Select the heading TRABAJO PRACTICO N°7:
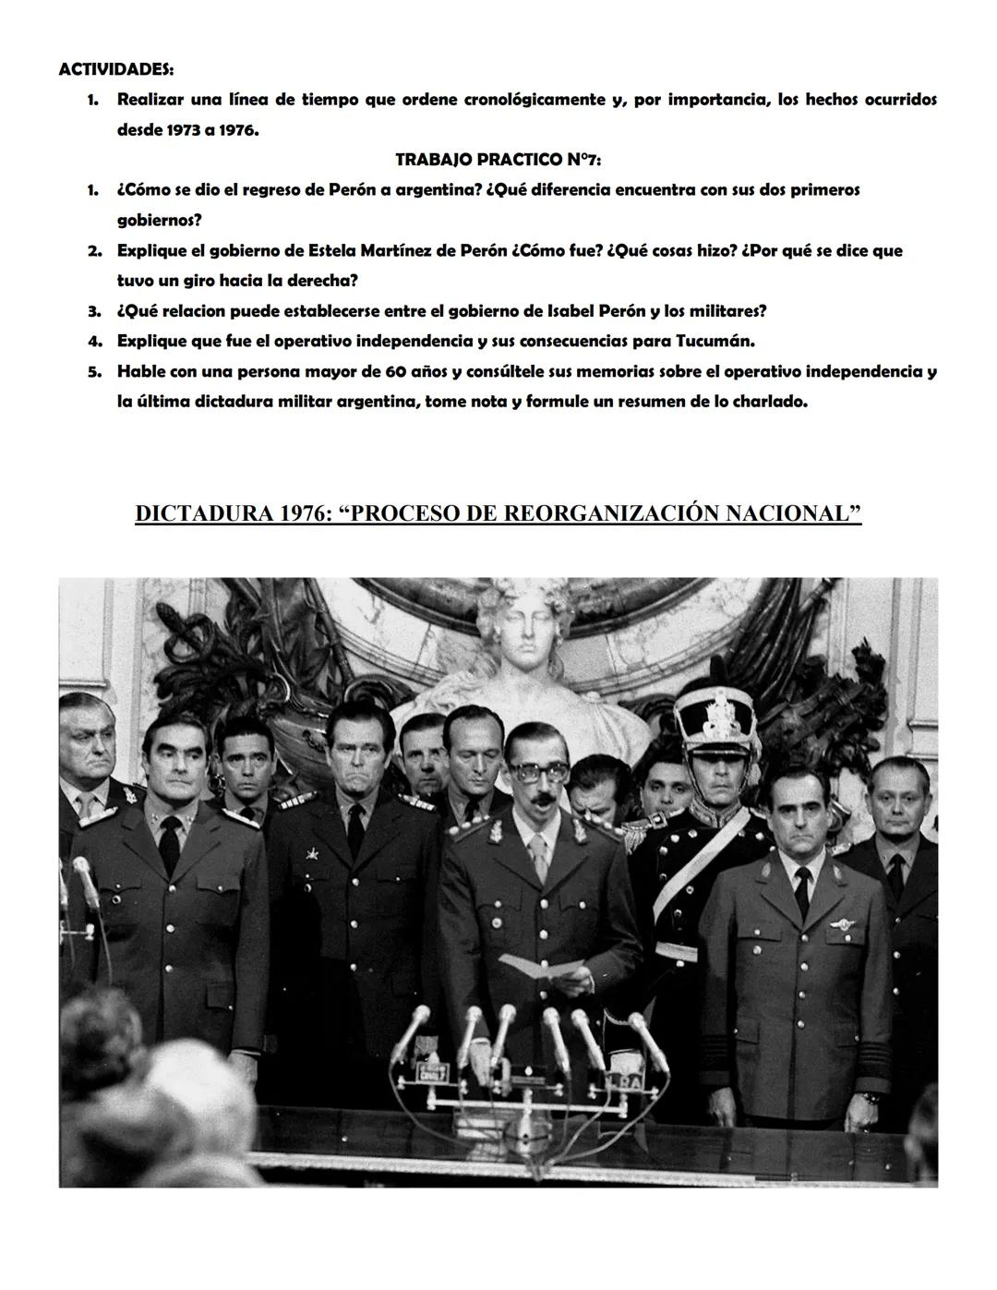tap(498, 160)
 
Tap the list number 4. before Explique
tap(94, 342)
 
